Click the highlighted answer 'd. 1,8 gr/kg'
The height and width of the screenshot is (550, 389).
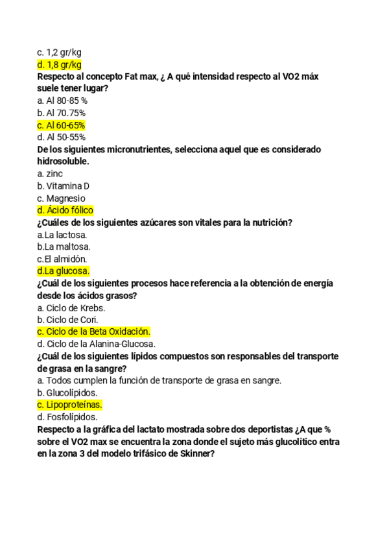pos(60,64)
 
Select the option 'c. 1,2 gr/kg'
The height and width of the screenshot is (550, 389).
pos(59,52)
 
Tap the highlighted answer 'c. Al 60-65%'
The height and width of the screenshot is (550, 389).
pos(62,125)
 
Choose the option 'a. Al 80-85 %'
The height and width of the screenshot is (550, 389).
pos(62,101)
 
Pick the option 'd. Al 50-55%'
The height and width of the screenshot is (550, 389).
pos(62,137)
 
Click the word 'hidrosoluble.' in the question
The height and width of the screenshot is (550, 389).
pos(63,161)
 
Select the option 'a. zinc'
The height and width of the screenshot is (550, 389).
pos(50,174)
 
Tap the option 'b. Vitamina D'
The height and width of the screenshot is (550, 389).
pos(64,186)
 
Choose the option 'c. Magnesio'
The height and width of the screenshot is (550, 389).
pos(61,198)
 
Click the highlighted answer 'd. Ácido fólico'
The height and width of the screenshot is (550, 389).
pos(65,210)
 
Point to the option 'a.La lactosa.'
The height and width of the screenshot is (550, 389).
pos(62,235)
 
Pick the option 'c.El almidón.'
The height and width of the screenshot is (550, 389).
pos(62,259)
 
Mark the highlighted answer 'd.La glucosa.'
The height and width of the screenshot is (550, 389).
pos(64,271)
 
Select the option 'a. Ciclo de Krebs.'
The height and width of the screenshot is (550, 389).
pos(71,307)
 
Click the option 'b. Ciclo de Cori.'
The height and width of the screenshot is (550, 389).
pos(68,320)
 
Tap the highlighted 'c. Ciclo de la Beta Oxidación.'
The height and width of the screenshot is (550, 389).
pos(94,331)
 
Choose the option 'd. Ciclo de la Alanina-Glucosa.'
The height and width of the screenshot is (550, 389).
pos(97,344)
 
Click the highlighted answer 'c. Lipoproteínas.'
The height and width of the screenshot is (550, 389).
pos(70,405)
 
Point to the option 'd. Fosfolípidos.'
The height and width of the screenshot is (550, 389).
pos(67,417)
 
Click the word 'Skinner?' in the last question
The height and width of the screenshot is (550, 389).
pos(194,454)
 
